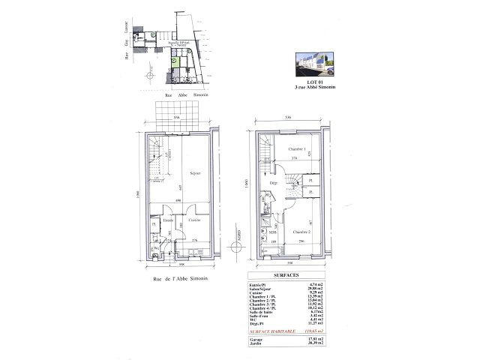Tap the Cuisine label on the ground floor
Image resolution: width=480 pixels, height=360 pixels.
[193, 220]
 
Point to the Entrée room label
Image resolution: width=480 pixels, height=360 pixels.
[169, 220]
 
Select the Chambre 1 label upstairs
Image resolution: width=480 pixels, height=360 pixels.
[283, 150]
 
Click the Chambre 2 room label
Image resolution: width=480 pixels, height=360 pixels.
[301, 231]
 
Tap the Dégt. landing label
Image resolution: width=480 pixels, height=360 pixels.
[274, 183]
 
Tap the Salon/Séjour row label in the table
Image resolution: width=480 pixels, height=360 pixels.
[259, 289]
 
